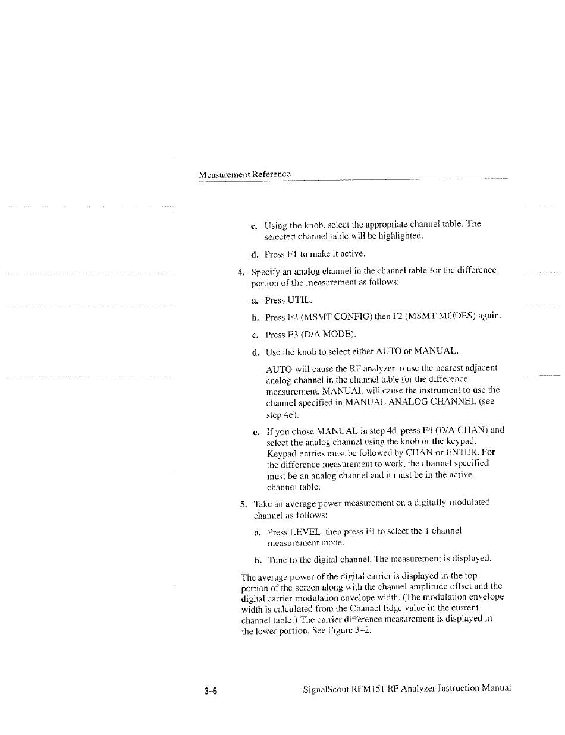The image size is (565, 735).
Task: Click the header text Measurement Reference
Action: pyautogui.click(x=244, y=174)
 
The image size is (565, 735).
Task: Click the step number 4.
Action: pyautogui.click(x=241, y=273)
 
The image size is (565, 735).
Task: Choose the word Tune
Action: pyautogui.click(x=277, y=560)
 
